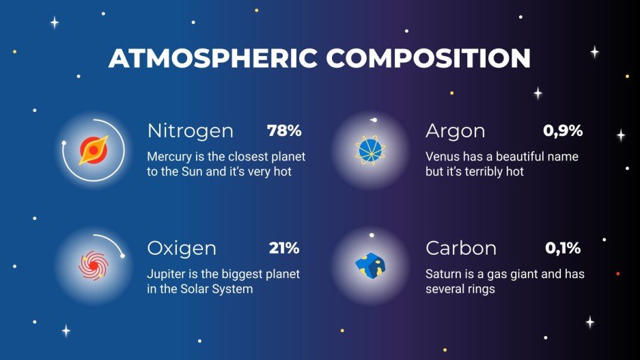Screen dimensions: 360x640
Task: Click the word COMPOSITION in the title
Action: pos(427,59)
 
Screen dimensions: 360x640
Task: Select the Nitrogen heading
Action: pos(190,130)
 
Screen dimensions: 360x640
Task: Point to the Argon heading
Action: pos(455,130)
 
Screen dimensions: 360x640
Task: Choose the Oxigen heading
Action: pos(182,248)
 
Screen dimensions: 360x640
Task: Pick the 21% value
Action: pos(284,247)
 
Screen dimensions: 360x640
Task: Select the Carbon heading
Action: pos(461,248)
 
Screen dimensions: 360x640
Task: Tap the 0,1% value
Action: pos(563,247)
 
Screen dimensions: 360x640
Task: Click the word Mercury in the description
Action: pos(169,156)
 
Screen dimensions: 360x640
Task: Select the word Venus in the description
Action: pos(442,156)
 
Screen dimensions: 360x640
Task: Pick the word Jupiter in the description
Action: pos(166,274)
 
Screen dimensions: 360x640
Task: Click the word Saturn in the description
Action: pos(444,274)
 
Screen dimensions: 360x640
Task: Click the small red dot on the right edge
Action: pos(618,274)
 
